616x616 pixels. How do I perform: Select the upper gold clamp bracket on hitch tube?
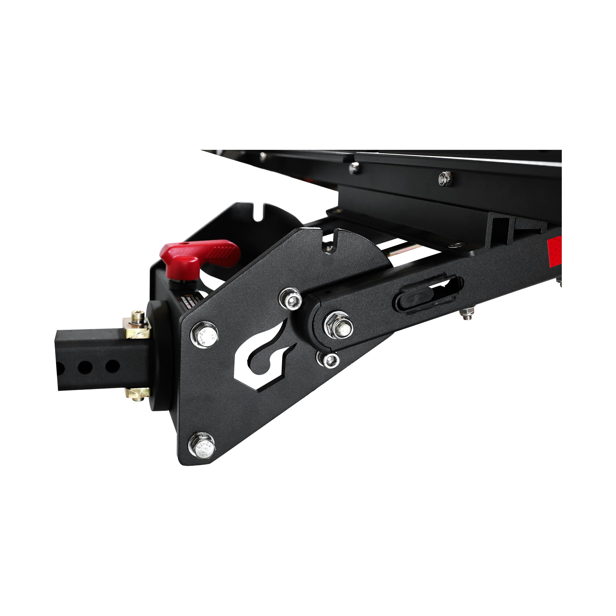[137, 327]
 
